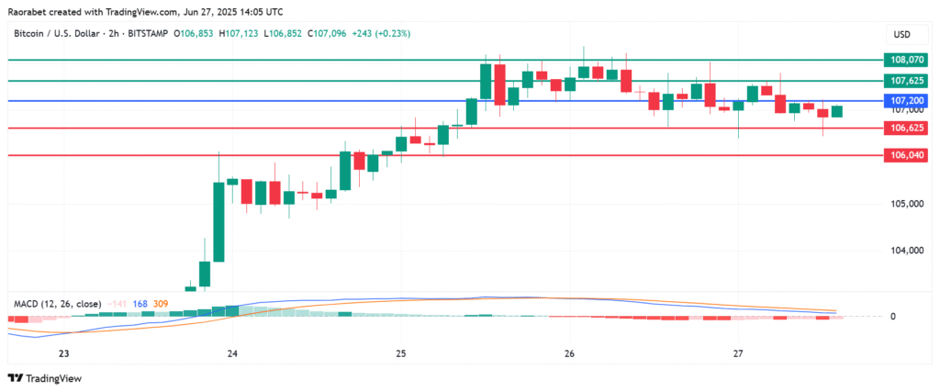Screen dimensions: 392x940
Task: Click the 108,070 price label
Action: (x=906, y=60)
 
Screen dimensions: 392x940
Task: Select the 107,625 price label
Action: (x=906, y=81)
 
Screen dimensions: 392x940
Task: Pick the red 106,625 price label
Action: (x=906, y=129)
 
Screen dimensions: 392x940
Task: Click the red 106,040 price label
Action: (x=906, y=156)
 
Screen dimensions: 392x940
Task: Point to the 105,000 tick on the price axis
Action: (x=906, y=203)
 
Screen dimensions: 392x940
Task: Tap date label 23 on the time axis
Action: (x=63, y=353)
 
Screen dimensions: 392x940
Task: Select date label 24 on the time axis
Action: (x=232, y=353)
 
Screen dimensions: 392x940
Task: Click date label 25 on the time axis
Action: (x=401, y=353)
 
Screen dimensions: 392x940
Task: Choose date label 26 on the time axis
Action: (x=570, y=353)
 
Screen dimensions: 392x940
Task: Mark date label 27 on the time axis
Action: (x=739, y=353)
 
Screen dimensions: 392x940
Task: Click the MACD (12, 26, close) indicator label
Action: (x=57, y=302)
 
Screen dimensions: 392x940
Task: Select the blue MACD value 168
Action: (x=141, y=302)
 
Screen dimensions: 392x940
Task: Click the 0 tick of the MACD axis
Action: (x=892, y=317)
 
